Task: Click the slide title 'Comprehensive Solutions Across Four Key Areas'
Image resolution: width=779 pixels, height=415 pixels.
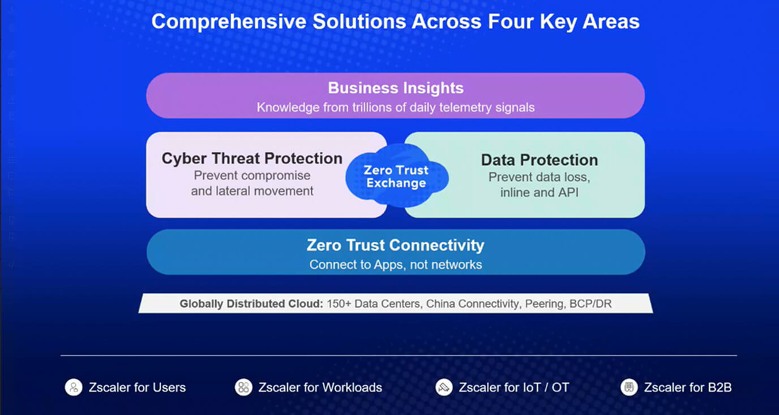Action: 395,21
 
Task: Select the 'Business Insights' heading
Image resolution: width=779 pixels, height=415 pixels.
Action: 396,88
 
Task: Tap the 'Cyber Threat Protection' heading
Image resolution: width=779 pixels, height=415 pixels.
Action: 252,158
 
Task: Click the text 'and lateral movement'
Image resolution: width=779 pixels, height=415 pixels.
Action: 252,191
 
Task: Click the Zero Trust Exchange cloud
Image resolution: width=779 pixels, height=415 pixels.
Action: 397,176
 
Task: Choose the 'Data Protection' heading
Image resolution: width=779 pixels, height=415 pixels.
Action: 540,160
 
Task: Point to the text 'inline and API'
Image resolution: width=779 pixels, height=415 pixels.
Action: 540,192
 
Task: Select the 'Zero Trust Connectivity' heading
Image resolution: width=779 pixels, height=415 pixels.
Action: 395,245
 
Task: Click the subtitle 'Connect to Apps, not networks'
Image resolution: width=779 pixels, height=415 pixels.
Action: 396,265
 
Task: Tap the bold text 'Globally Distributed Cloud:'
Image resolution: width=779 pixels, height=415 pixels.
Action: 251,304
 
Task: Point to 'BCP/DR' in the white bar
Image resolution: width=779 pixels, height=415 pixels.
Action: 590,304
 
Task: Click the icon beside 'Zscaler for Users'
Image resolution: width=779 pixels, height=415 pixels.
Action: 74,387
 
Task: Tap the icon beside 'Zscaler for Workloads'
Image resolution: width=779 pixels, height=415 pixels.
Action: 243,387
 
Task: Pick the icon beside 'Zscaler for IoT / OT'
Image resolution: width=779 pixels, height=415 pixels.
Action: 444,387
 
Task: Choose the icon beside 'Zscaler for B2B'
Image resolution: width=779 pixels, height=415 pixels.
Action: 629,387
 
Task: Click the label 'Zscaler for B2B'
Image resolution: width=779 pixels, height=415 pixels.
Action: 688,387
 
